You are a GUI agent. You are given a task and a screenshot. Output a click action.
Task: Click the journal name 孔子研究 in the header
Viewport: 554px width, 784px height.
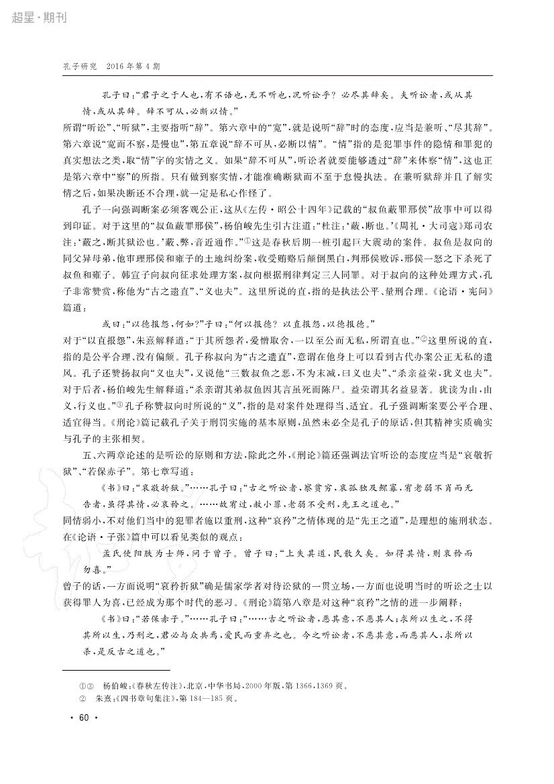80,67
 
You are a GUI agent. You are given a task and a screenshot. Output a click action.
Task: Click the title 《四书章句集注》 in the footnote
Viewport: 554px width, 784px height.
146,697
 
